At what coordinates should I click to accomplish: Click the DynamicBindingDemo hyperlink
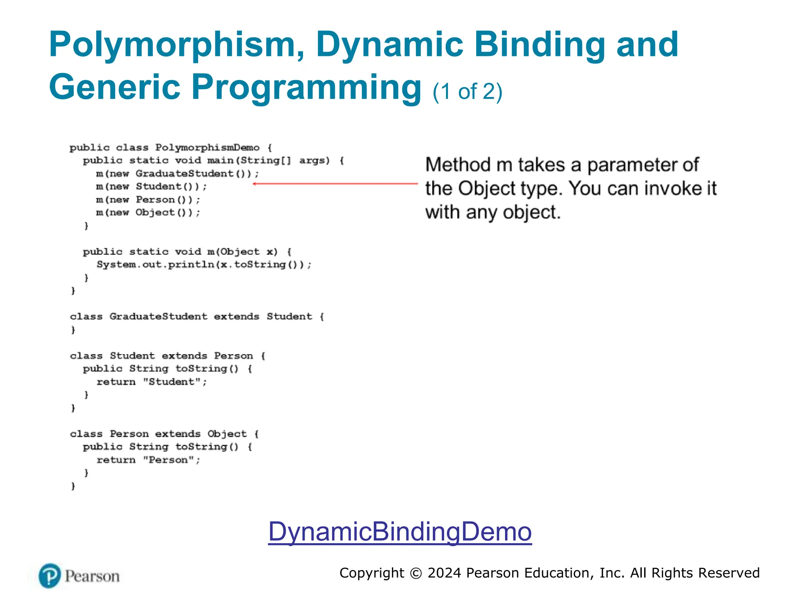coord(400,531)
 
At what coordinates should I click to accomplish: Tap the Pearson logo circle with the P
coord(50,576)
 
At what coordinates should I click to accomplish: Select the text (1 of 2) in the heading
coord(467,92)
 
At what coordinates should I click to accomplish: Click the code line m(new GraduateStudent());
coord(177,173)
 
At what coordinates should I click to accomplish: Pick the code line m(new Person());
coord(148,200)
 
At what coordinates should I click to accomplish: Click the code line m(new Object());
coord(148,212)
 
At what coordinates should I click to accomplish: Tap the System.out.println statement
coord(204,265)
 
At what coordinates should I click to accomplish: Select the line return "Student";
coord(152,381)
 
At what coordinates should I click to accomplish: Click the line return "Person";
coord(148,460)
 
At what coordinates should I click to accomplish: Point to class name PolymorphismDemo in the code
coord(207,148)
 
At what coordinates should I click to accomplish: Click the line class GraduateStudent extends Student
coord(197,317)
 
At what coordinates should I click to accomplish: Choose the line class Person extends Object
coord(164,434)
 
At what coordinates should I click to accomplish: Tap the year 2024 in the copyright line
coord(444,573)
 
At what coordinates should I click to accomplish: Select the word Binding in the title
coord(540,45)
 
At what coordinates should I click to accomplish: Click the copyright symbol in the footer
coord(415,573)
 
